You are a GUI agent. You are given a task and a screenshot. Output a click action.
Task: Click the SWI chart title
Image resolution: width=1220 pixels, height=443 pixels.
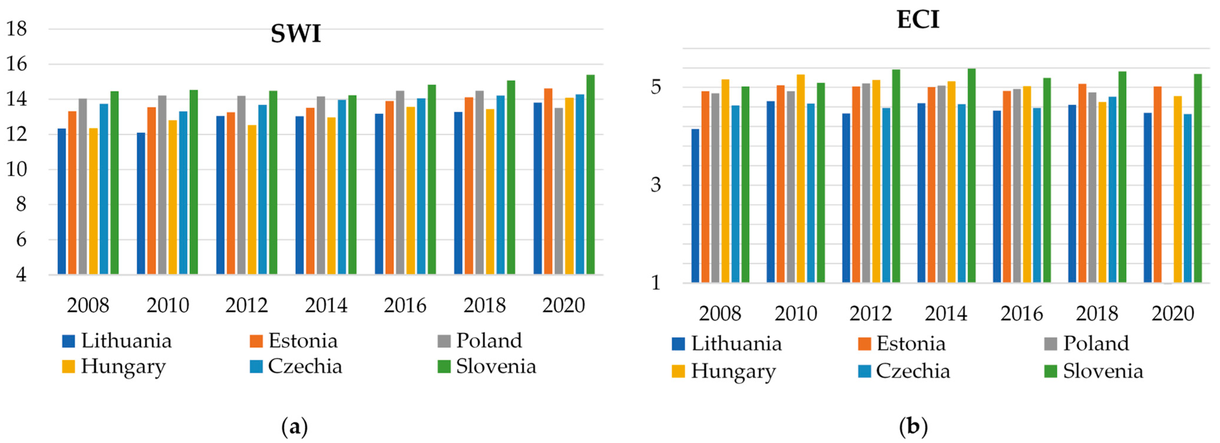[296, 34]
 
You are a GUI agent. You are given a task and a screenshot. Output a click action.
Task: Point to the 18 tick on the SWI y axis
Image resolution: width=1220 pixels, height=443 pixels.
[17, 29]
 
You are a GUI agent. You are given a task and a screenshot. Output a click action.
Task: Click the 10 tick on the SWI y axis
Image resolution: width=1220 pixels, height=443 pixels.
[17, 169]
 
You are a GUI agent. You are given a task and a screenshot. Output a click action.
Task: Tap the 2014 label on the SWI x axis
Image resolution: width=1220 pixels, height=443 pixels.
[326, 305]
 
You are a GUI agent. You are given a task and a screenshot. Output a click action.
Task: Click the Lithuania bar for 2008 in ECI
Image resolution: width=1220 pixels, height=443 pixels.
[695, 206]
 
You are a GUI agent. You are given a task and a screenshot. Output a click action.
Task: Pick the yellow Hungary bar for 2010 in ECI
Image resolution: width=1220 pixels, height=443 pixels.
[801, 179]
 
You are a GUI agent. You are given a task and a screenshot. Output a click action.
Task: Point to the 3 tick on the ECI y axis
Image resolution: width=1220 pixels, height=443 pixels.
[656, 185]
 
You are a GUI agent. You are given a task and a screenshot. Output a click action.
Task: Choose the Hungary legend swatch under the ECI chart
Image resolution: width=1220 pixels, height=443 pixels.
[678, 371]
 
